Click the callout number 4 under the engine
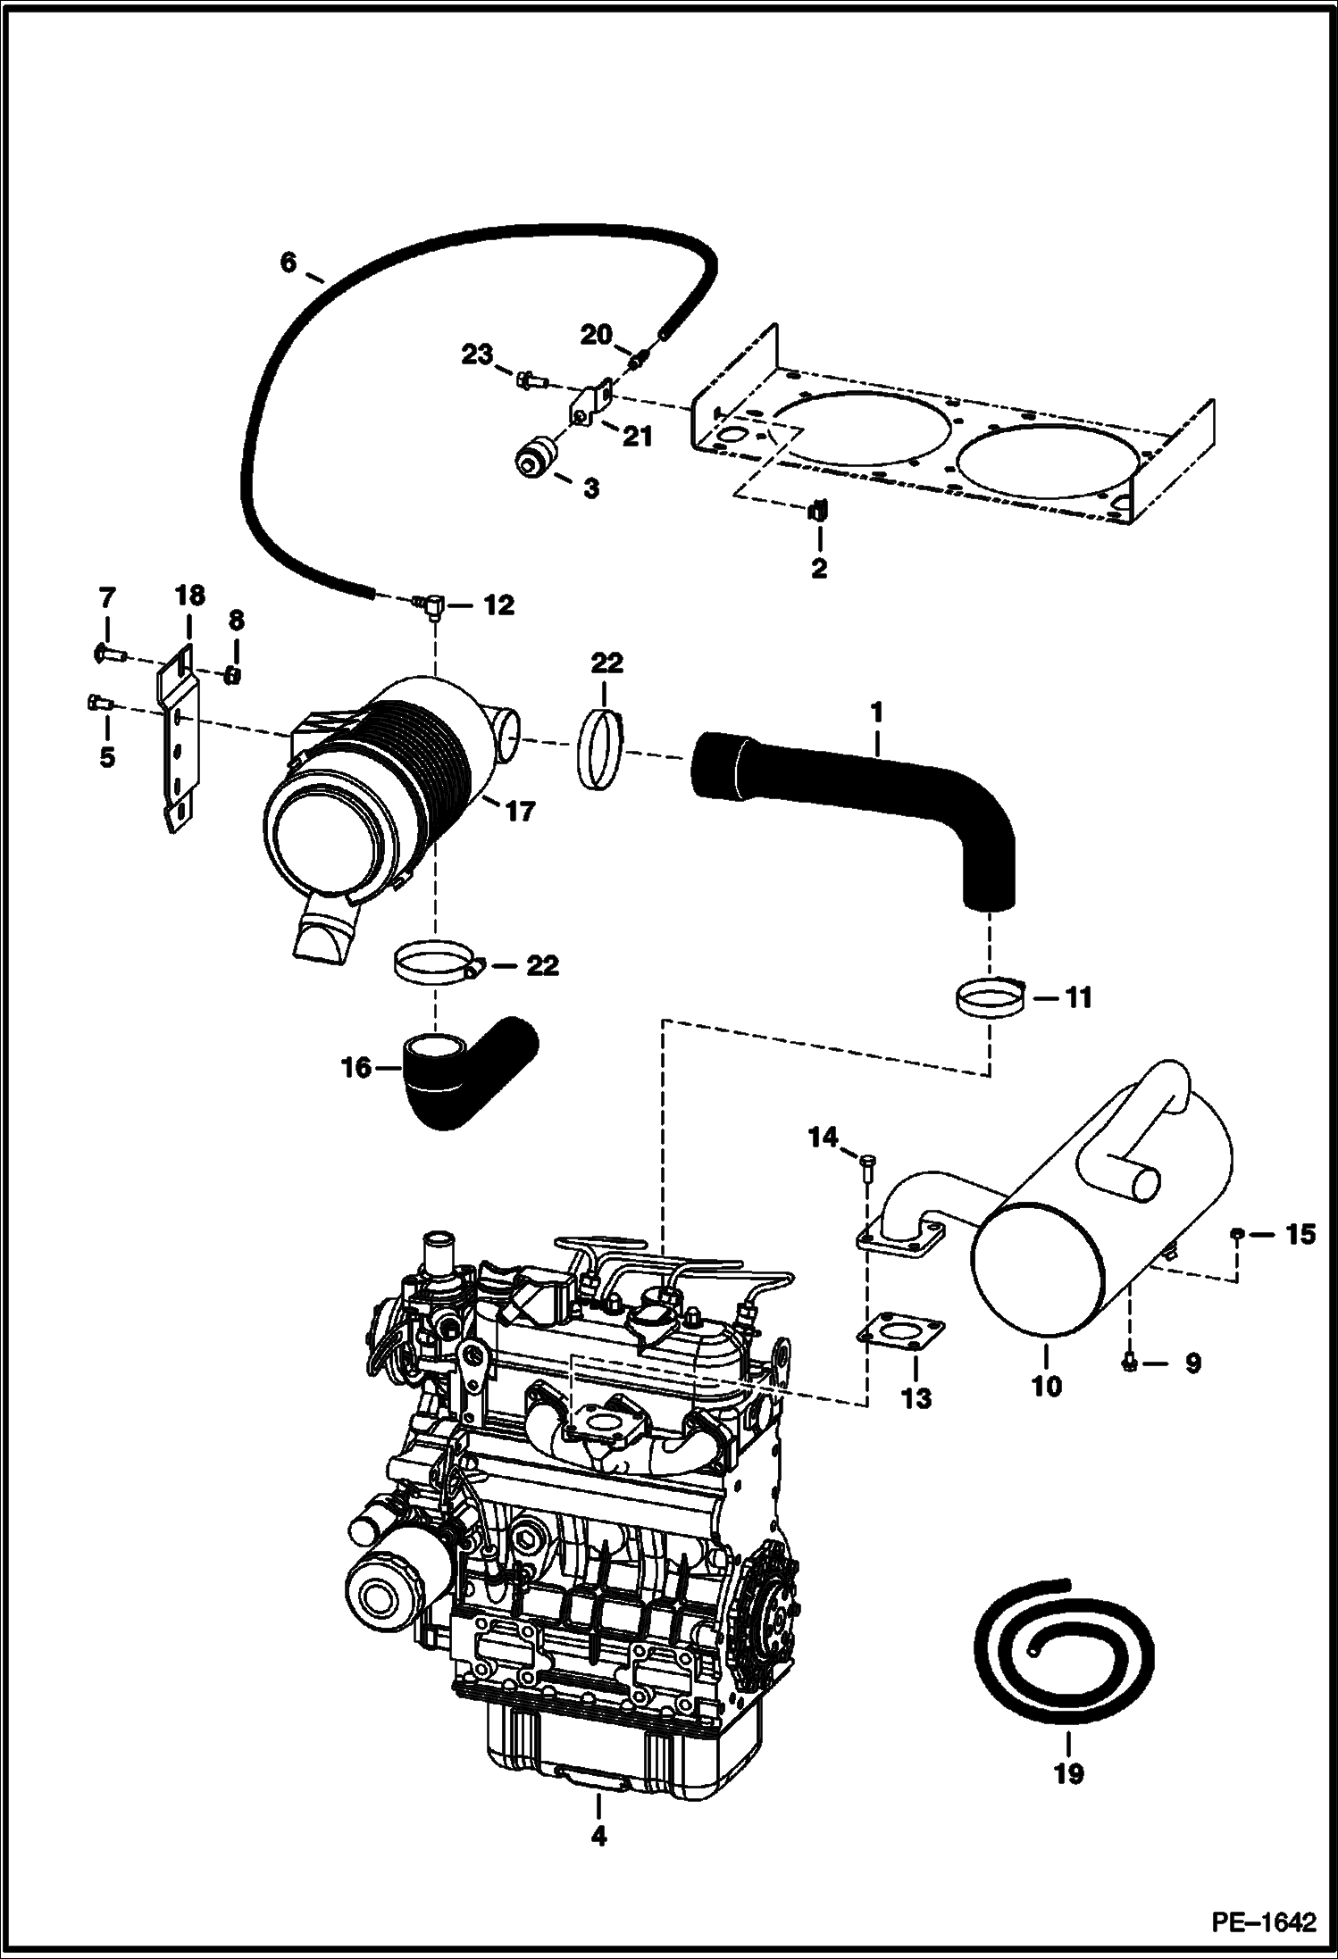(598, 1836)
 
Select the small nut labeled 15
(1235, 1234)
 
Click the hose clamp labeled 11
(990, 997)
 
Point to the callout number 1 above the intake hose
(876, 713)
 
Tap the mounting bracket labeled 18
(179, 732)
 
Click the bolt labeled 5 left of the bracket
(97, 703)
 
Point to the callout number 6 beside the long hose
(287, 263)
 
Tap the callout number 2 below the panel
(819, 568)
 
